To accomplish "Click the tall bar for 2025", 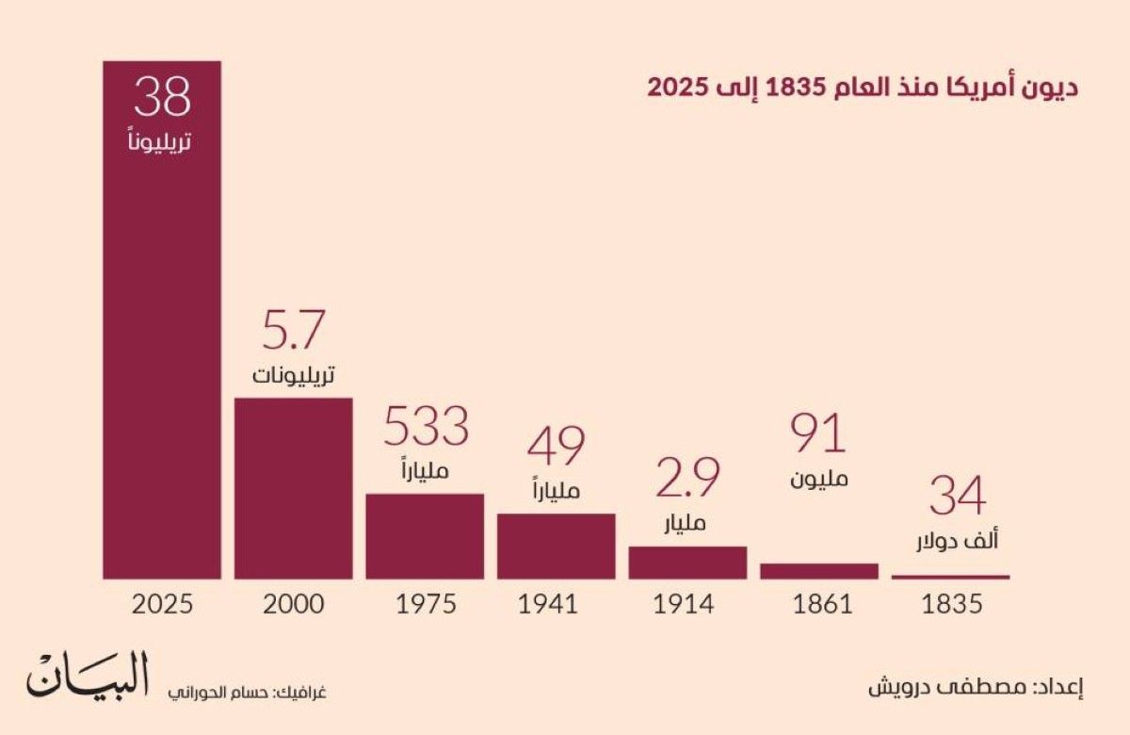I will tap(162, 358).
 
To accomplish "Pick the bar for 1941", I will tap(556, 546).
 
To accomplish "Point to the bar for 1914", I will tap(687, 563).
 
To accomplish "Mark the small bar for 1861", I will tap(818, 571).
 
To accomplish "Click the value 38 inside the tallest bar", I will tap(162, 97).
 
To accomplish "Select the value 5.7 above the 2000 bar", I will tap(293, 332).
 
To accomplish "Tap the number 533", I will tap(425, 427).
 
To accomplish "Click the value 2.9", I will tap(687, 478).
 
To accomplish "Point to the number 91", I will tap(818, 433).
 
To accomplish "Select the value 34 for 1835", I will tap(957, 498).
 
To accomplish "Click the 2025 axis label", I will tap(162, 604).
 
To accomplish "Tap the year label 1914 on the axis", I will tap(687, 604).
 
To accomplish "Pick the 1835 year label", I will tap(950, 604).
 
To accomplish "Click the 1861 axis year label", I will tap(818, 604).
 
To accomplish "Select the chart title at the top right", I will tap(862, 88).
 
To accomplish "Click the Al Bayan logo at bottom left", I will tap(88, 676).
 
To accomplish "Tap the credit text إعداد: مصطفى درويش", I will tap(976, 686).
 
